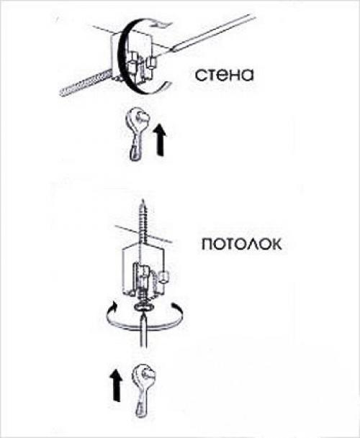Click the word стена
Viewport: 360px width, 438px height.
225,75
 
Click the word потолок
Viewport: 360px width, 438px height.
242,244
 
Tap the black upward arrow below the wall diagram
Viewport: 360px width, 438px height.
160,140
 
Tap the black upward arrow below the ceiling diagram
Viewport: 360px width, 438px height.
116,385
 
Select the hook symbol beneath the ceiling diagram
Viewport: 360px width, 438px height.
143,391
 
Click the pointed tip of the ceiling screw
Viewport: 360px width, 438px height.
143,199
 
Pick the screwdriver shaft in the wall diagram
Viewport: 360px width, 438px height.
212,33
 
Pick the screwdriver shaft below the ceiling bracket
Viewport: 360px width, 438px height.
143,330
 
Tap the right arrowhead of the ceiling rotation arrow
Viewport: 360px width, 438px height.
176,306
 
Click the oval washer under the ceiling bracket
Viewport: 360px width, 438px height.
144,307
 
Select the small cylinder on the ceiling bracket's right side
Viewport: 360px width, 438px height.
163,278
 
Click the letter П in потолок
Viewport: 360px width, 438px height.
207,245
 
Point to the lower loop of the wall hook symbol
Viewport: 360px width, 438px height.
134,152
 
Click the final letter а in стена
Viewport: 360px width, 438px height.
247,76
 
